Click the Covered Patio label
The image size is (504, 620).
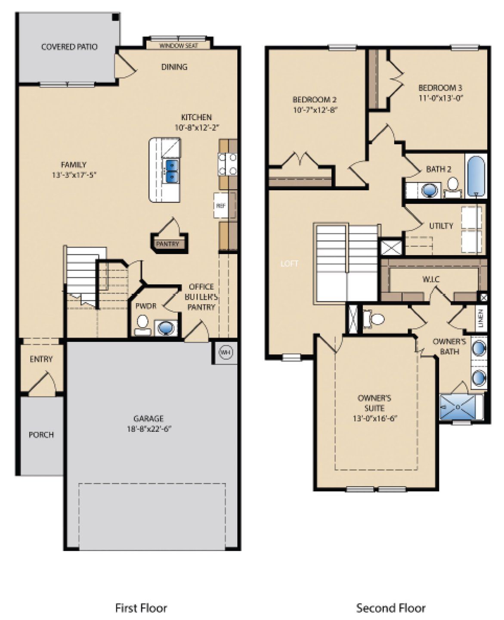[x=69, y=46]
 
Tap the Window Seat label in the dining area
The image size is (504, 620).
[x=178, y=45]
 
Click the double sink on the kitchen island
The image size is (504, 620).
[x=172, y=170]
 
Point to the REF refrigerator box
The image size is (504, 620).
[x=221, y=206]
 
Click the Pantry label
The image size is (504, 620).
[x=167, y=244]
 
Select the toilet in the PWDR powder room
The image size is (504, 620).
[x=142, y=325]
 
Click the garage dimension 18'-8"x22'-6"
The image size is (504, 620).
[x=148, y=429]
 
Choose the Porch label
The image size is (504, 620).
[x=41, y=435]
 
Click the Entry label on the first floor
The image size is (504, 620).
[x=41, y=359]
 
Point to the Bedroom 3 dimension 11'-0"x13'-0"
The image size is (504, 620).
[x=440, y=97]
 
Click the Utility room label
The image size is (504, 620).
[x=441, y=226]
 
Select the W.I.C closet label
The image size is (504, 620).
[x=431, y=280]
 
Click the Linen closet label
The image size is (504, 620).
[x=481, y=318]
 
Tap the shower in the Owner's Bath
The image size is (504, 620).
[x=459, y=407]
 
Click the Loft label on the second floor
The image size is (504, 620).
[x=289, y=263]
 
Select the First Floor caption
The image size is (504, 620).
[x=141, y=608]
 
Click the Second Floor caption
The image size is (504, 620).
[x=390, y=608]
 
